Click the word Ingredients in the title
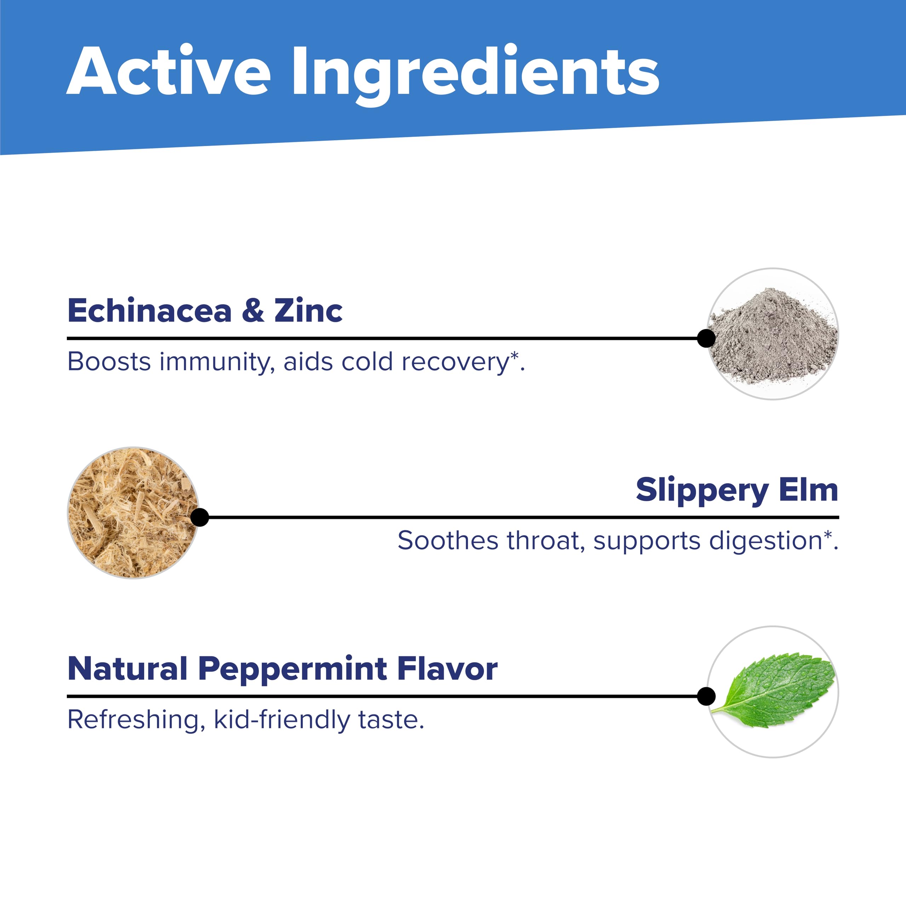pos(476,75)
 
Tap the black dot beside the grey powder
pos(706,338)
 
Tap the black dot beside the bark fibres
pos(200,517)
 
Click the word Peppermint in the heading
pos(293,669)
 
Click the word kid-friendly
pos(282,720)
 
